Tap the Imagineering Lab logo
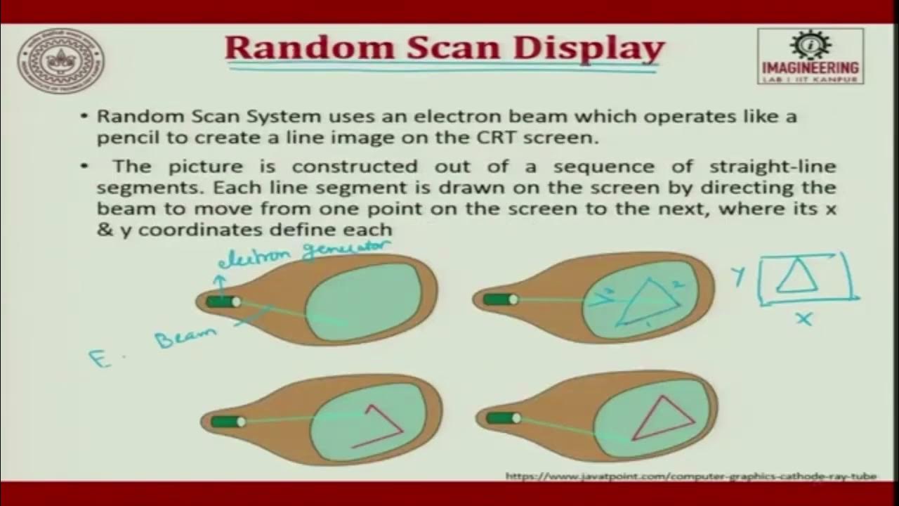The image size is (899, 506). (x=810, y=56)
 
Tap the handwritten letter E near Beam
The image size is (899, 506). (x=98, y=358)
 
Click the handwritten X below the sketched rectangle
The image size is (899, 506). (x=803, y=320)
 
